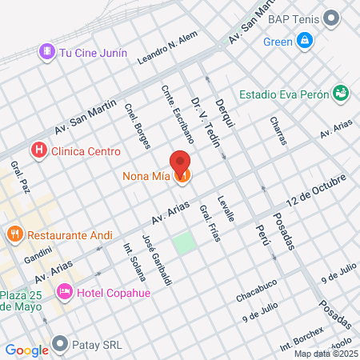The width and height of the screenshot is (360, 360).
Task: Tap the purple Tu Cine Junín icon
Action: [x=47, y=52]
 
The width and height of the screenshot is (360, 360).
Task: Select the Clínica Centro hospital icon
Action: [x=37, y=150]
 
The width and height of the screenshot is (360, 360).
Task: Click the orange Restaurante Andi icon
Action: [x=14, y=235]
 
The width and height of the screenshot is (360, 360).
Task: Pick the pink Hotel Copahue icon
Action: [x=66, y=293]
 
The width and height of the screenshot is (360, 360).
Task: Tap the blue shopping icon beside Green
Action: [x=305, y=40]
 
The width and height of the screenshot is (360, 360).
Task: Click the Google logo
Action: [x=26, y=350]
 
